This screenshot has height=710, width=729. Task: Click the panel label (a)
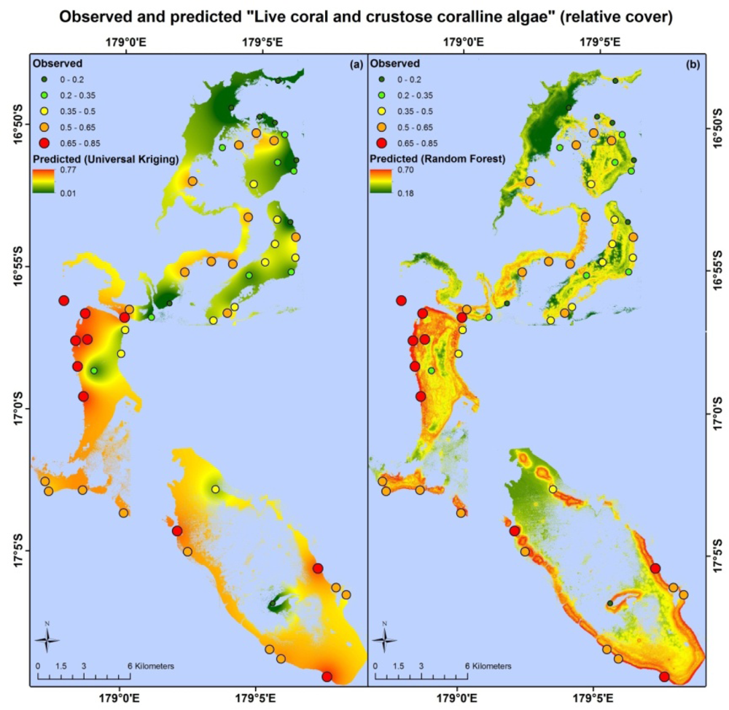[356, 64]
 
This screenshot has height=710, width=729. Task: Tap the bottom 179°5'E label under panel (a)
[256, 698]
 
